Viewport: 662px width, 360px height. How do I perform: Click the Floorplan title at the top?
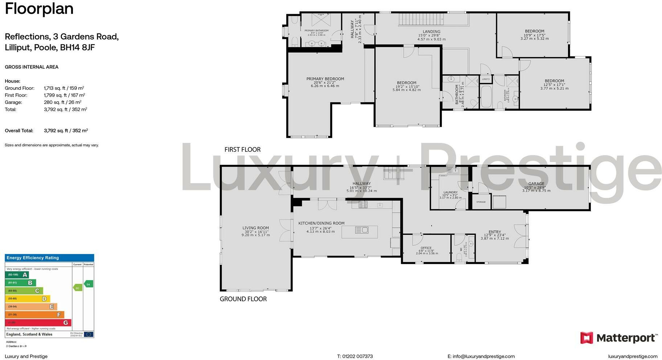[x=39, y=9]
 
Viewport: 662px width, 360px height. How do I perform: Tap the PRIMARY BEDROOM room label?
[x=325, y=79]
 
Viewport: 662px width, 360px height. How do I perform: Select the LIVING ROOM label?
[x=255, y=228]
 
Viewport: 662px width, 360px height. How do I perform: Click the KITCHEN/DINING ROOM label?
[x=321, y=224]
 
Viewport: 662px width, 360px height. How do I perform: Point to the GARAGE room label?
[x=536, y=184]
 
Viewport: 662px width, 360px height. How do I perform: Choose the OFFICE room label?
[x=426, y=248]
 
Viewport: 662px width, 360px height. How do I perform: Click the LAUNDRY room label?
[x=451, y=193]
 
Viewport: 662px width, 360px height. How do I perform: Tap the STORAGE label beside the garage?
[x=481, y=202]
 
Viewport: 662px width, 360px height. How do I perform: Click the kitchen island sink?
[x=362, y=230]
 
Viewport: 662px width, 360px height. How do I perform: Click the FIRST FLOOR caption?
[x=242, y=150]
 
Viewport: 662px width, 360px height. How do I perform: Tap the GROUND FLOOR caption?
[x=243, y=299]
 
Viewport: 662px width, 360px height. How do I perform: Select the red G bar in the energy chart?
[x=38, y=323]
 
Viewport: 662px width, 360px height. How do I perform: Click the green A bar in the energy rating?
[x=17, y=275]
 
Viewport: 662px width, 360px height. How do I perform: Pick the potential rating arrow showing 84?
[x=88, y=284]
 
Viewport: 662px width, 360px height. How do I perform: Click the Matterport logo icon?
[x=587, y=338]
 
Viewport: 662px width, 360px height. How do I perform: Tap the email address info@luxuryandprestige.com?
[x=481, y=356]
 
